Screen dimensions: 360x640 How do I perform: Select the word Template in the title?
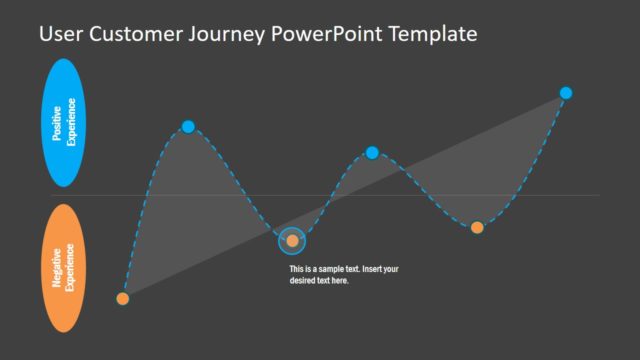[x=430, y=35]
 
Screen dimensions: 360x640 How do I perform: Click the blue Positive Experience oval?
[x=65, y=123]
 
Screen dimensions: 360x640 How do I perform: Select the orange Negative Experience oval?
[x=65, y=268]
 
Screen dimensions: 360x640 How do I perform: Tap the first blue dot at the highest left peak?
[x=188, y=126]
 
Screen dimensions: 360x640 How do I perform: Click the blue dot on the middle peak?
[x=372, y=152]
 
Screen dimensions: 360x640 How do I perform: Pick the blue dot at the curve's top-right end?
[x=566, y=93]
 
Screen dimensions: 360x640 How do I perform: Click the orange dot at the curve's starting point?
[x=123, y=298]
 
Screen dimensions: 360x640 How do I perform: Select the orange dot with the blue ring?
[x=292, y=240]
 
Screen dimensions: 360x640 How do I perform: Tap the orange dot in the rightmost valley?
[x=477, y=227]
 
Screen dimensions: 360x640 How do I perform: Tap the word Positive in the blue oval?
[x=58, y=123]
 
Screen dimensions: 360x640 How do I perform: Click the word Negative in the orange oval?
[x=58, y=268]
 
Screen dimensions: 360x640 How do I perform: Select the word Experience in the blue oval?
[x=71, y=123]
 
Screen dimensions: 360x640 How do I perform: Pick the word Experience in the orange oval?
[x=71, y=268]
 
